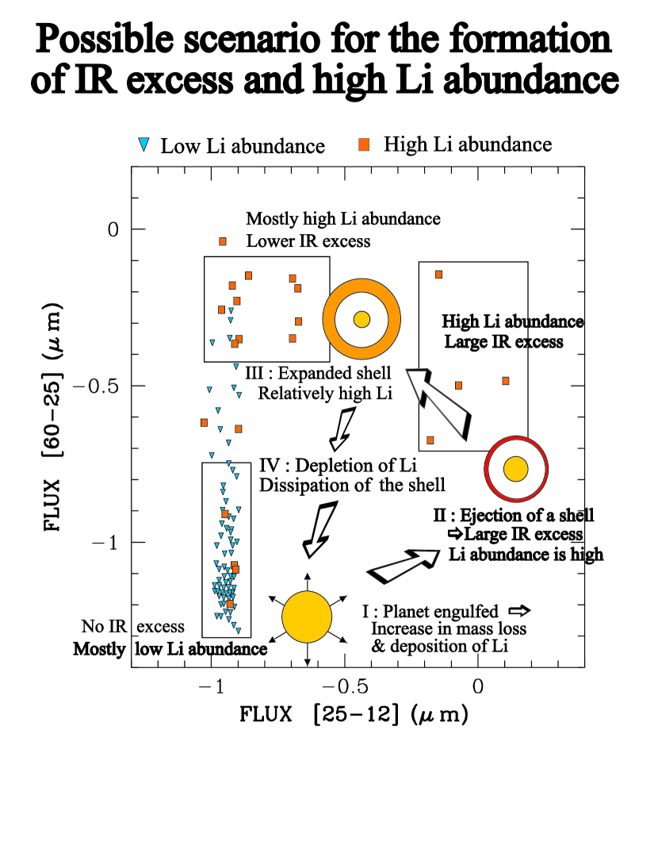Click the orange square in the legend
365,144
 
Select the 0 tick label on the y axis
113,229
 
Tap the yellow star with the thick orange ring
362,320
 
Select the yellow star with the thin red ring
516,468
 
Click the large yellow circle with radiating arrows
307,617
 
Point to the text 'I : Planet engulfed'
430,612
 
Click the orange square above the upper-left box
223,241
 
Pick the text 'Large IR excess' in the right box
503,342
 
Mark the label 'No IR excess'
132,627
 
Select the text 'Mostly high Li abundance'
342,218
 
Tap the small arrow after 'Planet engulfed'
518,611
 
